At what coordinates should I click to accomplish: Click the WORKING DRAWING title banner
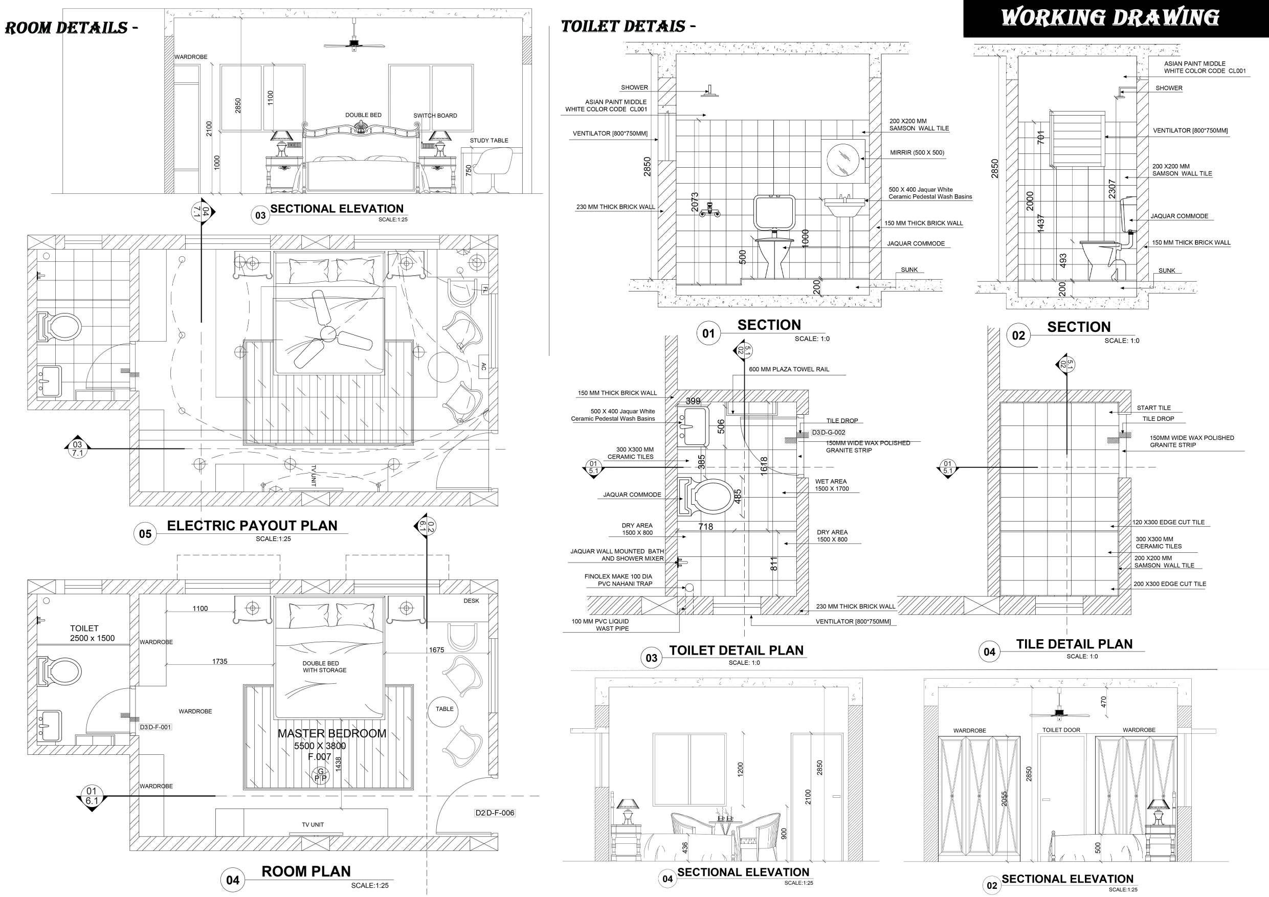click(1110, 18)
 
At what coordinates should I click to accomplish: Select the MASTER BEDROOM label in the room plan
click(331, 733)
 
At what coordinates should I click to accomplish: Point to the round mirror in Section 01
click(843, 160)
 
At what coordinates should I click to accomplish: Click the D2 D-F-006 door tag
click(495, 813)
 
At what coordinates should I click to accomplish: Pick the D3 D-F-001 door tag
click(155, 727)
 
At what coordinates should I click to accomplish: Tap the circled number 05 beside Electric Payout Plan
click(145, 534)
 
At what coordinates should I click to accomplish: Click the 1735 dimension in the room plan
click(219, 661)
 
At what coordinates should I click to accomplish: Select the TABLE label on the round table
click(444, 708)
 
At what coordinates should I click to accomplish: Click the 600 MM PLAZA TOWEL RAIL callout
click(789, 369)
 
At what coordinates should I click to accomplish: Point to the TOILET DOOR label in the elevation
click(1061, 730)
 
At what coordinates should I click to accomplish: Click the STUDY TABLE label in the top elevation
click(488, 141)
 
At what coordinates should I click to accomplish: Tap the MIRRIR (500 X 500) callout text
click(917, 152)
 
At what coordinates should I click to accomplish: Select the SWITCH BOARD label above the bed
click(435, 116)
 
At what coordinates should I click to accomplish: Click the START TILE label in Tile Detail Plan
click(1153, 408)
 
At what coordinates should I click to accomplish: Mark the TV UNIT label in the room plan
click(313, 824)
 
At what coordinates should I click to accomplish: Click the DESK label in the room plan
click(472, 601)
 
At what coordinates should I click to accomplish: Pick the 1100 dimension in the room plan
click(200, 609)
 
